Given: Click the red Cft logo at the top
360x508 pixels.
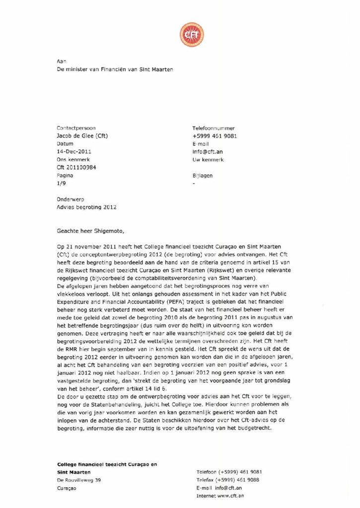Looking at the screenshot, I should pyautogui.click(x=191, y=35).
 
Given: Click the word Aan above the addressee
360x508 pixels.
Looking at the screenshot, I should pyautogui.click(x=62, y=61).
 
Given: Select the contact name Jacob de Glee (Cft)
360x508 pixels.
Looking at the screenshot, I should pyautogui.click(x=83, y=136).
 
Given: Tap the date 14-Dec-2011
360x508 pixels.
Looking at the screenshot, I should pyautogui.click(x=74, y=152).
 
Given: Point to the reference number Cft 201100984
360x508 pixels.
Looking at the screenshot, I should pyautogui.click(x=76, y=168).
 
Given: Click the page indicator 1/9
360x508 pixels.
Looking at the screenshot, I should pyautogui.click(x=62, y=184).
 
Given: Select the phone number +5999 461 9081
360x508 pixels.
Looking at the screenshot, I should pyautogui.click(x=215, y=136).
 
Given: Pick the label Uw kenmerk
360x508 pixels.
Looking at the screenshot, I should pyautogui.click(x=208, y=160).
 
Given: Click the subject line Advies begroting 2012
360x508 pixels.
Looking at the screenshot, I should pyautogui.click(x=87, y=207).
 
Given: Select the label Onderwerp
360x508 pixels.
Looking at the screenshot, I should pyautogui.click(x=71, y=199).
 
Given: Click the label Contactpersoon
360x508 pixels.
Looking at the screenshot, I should pyautogui.click(x=76, y=128).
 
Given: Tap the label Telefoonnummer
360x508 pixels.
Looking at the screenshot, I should pyautogui.click(x=214, y=128).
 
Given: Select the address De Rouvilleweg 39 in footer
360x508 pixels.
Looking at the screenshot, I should pyautogui.click(x=79, y=480).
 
